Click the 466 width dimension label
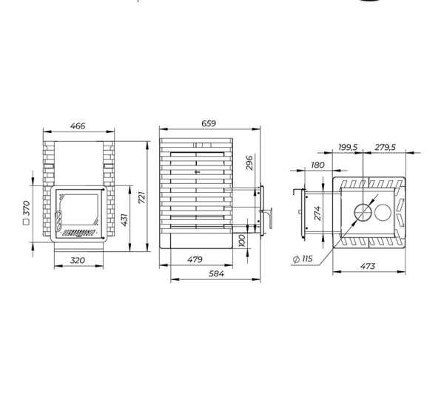(78, 126)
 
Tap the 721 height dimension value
(141, 197)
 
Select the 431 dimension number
(124, 220)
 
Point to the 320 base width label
(77, 260)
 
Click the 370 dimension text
(26, 208)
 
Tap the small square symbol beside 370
(26, 222)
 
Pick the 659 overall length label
(209, 123)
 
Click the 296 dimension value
(249, 163)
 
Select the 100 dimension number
(242, 240)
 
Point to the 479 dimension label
(195, 259)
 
